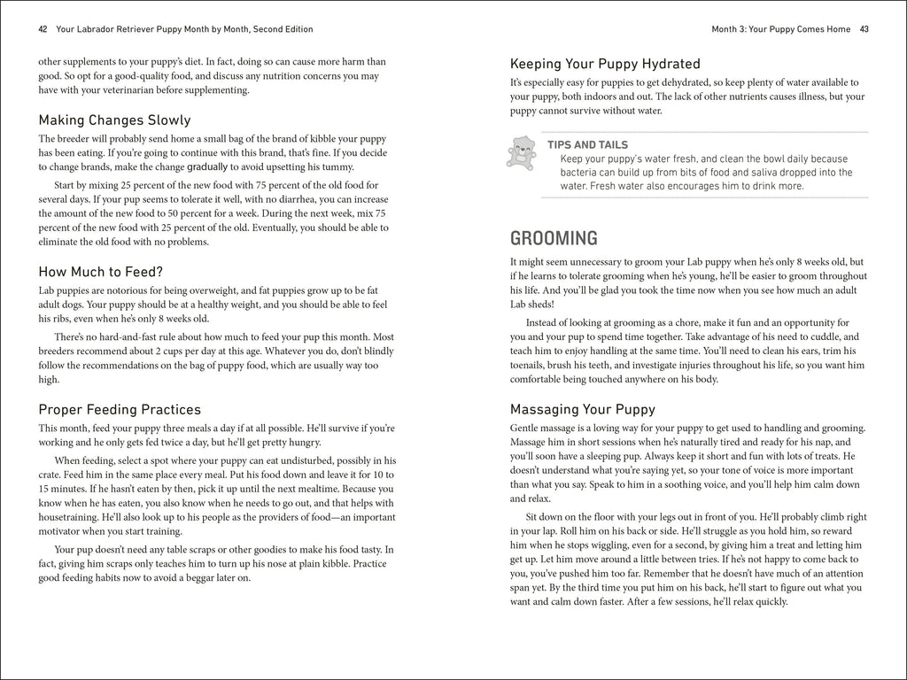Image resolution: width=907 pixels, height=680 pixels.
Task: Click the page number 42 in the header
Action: tap(43, 29)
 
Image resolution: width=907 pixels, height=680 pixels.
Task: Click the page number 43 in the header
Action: tap(864, 29)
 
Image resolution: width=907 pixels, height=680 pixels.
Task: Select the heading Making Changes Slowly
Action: tap(114, 120)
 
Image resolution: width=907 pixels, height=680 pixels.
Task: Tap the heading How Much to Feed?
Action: tap(101, 272)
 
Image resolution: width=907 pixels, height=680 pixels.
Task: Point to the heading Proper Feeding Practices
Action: tap(120, 409)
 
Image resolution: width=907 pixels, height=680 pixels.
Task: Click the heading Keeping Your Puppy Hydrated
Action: tap(605, 64)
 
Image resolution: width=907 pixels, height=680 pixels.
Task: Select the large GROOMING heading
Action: tap(554, 238)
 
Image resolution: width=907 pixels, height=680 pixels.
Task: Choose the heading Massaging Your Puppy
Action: tap(582, 409)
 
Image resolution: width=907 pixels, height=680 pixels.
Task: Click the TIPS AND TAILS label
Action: tap(587, 145)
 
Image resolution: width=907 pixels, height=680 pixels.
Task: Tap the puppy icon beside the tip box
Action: tap(521, 152)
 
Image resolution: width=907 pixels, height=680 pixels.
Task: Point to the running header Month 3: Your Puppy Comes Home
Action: tap(780, 29)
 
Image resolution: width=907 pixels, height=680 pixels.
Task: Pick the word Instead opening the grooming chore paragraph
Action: tap(546, 322)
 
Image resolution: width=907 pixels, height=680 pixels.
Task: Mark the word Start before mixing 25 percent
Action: tap(68, 185)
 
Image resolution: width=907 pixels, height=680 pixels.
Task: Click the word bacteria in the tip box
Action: tap(580, 173)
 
